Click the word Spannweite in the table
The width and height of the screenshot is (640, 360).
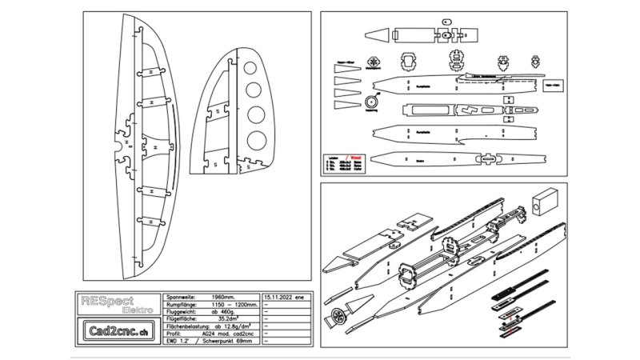click(x=179, y=295)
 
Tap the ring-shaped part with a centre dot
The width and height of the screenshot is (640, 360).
click(x=372, y=102)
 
